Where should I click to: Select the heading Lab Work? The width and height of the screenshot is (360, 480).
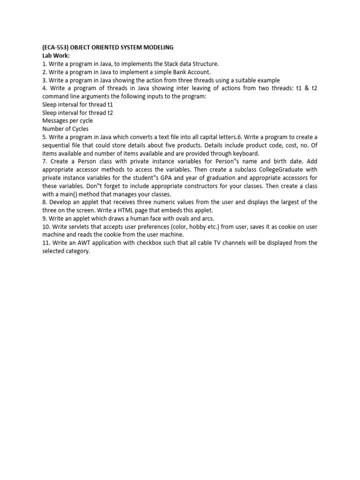[56, 55]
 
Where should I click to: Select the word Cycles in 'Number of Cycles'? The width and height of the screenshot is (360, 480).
[80, 128]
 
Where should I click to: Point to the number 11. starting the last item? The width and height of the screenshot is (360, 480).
[46, 243]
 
